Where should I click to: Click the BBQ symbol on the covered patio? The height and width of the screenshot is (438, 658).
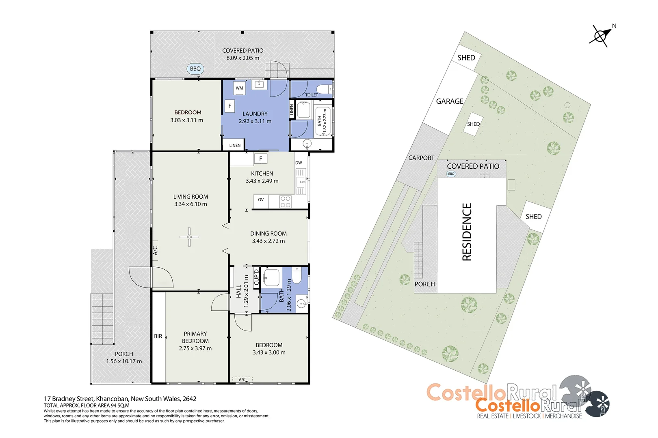coord(195,69)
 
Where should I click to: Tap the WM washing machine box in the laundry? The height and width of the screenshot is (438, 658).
coord(239,88)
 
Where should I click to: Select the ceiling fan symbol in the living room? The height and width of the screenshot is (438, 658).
coord(189,236)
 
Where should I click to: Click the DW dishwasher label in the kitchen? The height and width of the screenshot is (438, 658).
coord(299,163)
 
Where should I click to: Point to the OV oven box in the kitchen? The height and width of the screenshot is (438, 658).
coord(261,200)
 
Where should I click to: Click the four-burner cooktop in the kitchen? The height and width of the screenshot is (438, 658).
coord(286,202)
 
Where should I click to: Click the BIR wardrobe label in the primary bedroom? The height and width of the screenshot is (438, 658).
coord(158,336)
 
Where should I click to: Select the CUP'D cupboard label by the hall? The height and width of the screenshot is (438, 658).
coord(256,277)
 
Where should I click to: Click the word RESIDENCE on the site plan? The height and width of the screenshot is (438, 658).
coord(467,232)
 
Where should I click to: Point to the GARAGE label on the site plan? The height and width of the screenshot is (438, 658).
coord(450,101)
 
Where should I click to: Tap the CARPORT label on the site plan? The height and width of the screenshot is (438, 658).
coord(421,158)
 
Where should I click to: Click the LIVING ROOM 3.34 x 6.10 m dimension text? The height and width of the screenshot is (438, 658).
coord(190,204)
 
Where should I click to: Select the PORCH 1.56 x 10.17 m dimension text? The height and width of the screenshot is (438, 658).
coord(124,361)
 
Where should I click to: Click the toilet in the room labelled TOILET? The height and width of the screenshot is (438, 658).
coord(324,89)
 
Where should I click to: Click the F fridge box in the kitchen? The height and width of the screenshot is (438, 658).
coord(261,159)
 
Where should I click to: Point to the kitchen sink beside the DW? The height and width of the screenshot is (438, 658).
coord(301,180)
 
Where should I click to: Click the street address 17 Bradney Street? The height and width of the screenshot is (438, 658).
coord(120,399)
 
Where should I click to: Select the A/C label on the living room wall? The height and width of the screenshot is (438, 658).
coord(155,250)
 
